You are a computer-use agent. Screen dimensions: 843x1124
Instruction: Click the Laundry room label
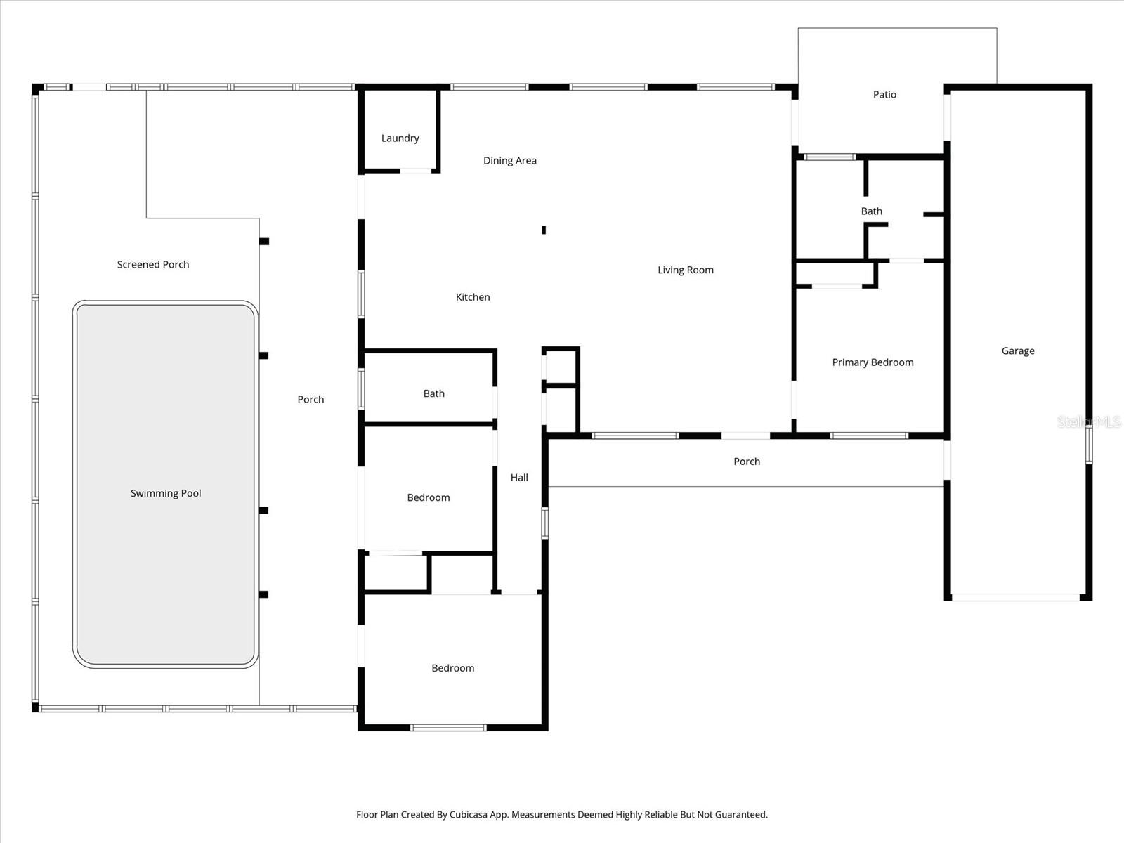[x=400, y=138]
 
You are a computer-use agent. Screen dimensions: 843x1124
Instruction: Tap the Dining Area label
[x=509, y=161]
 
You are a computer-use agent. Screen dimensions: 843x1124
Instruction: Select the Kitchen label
[x=473, y=297]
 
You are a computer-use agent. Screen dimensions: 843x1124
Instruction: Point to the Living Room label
[x=685, y=270]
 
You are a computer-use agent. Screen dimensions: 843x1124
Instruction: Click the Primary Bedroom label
[x=873, y=362]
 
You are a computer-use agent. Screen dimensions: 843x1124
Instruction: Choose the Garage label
[x=1017, y=351]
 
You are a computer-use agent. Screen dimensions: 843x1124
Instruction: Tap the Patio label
[x=884, y=95]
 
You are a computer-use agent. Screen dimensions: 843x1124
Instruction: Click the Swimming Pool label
[x=166, y=494]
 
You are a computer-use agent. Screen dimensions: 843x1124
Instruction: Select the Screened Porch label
[x=153, y=265]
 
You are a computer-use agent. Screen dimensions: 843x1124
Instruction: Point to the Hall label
[x=519, y=478]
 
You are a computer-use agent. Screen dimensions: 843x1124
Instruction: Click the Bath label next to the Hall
[x=433, y=394]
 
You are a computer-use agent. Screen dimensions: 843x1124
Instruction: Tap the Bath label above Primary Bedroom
[x=871, y=211]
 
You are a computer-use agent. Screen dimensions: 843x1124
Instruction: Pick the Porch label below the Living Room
[x=746, y=462]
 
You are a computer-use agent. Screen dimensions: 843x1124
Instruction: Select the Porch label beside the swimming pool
[x=311, y=400]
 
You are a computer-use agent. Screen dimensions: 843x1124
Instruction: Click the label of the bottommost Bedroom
[x=452, y=668]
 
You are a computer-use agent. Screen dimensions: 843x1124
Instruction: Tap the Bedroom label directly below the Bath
[x=428, y=497]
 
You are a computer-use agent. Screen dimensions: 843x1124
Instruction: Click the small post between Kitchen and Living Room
[x=544, y=230]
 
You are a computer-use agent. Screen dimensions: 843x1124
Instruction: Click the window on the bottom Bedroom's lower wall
[x=448, y=727]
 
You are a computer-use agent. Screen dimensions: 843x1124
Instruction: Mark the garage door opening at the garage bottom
[x=1015, y=597]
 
